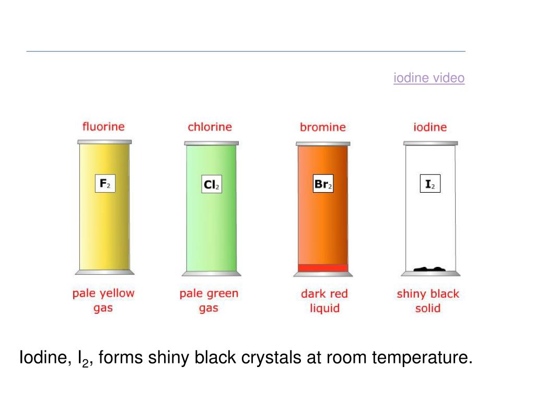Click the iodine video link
(x=429, y=78)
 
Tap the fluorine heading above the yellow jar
(x=103, y=126)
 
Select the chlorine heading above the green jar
(x=210, y=127)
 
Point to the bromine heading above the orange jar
(x=323, y=127)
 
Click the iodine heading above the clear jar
(x=430, y=127)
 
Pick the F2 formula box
(x=105, y=184)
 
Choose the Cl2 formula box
(x=212, y=184)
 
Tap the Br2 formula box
(x=323, y=184)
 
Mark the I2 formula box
(x=430, y=184)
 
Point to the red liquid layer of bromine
(x=322, y=268)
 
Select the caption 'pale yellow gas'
(x=103, y=300)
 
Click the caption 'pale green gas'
(x=208, y=300)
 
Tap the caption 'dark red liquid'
(x=324, y=301)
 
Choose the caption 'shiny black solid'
(x=428, y=301)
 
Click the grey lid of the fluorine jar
(x=104, y=141)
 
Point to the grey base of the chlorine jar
(x=211, y=273)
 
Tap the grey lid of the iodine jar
(x=431, y=143)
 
